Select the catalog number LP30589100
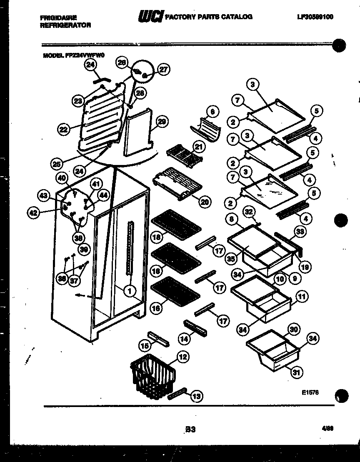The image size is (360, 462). click(315, 17)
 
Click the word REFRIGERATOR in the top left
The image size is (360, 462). click(66, 25)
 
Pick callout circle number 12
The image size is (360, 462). click(182, 357)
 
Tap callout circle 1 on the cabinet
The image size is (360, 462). click(130, 291)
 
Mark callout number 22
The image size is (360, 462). click(63, 130)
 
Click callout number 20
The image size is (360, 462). click(204, 202)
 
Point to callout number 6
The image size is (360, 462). click(212, 112)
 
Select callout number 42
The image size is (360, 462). click(33, 212)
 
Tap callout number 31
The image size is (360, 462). click(295, 372)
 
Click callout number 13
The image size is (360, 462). click(196, 396)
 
